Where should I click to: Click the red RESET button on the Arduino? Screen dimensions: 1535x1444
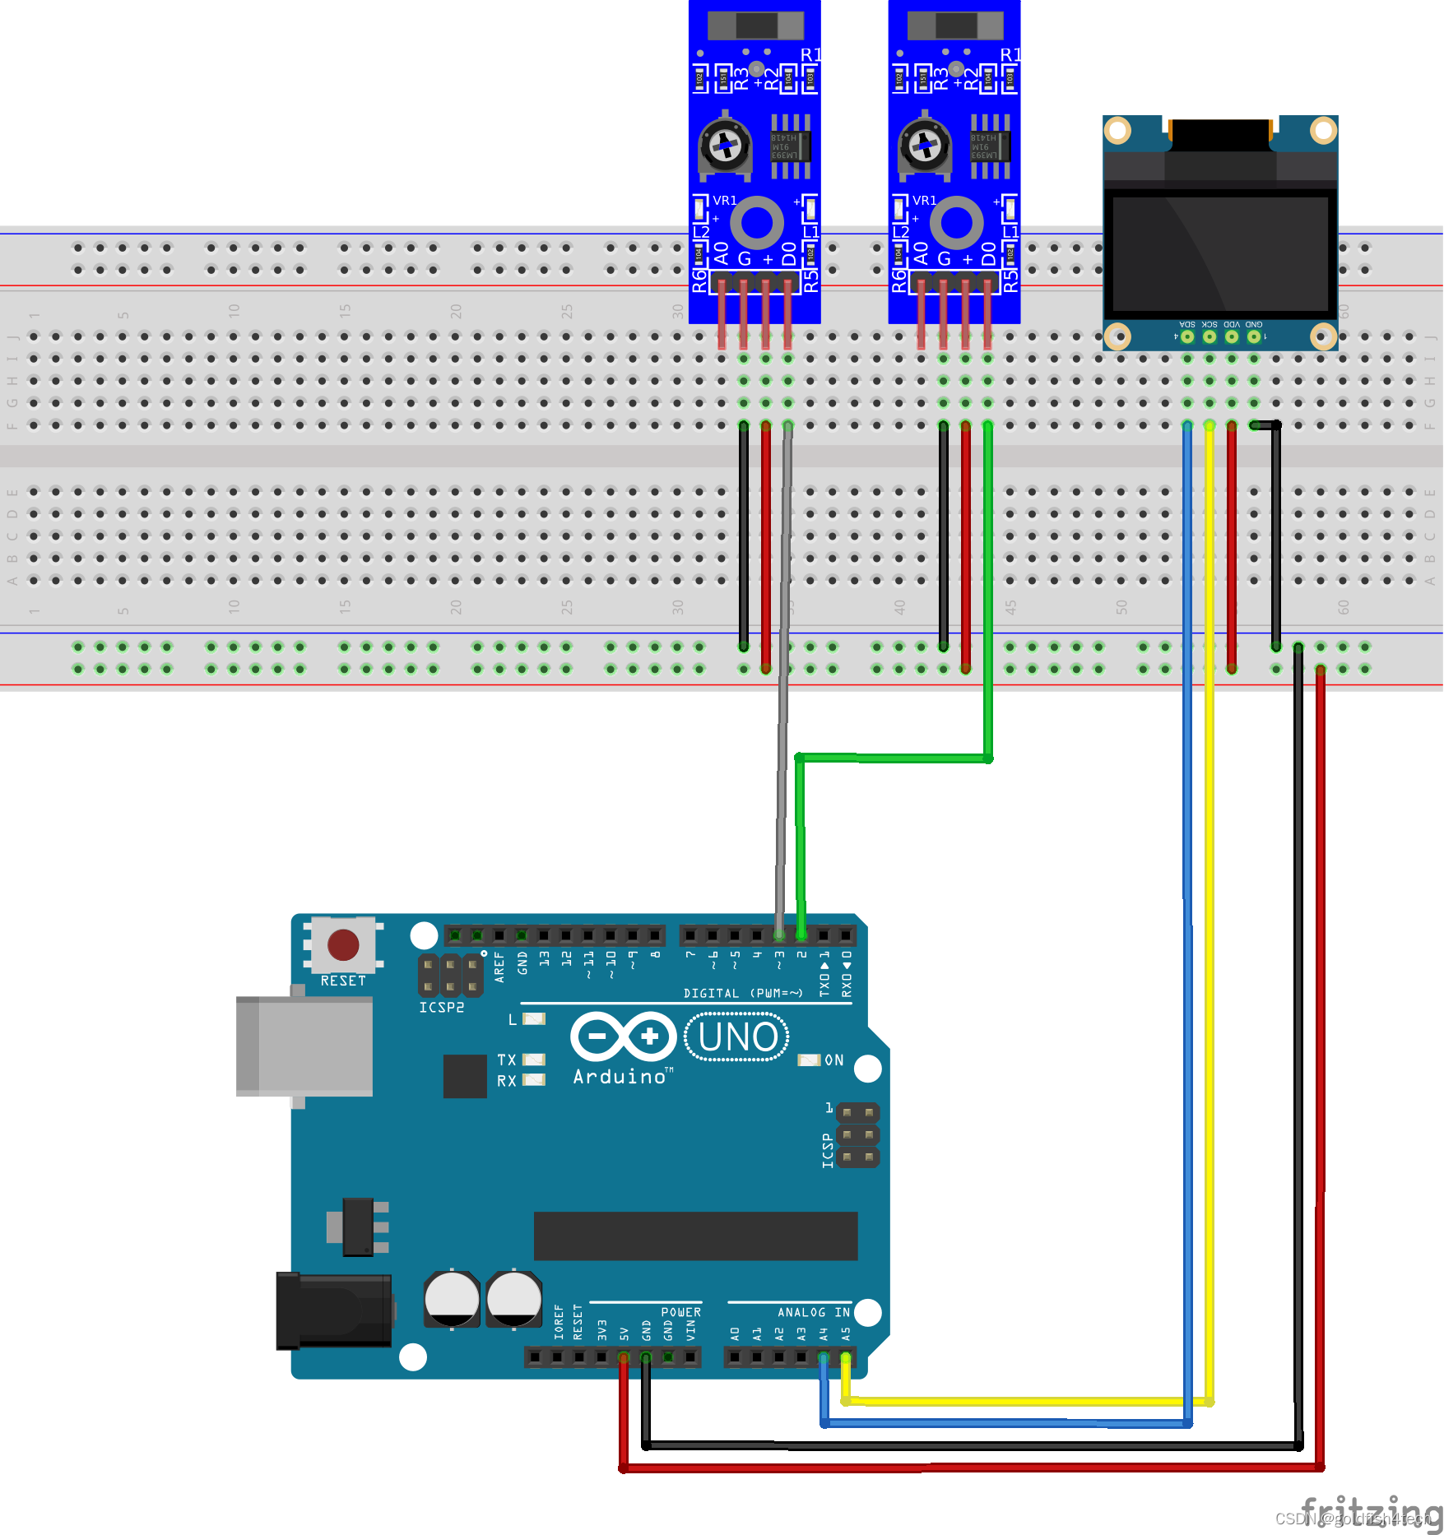point(343,945)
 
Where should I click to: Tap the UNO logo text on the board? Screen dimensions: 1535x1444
point(737,1037)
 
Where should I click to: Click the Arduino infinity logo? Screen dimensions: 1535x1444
point(623,1036)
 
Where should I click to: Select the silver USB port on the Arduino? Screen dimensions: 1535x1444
point(304,1046)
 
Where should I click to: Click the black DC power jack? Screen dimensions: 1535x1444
point(333,1311)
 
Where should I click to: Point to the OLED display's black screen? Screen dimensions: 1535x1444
point(1220,253)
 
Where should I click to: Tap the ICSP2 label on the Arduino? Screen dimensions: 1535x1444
point(442,1008)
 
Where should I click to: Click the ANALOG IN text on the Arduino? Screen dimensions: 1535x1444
point(813,1312)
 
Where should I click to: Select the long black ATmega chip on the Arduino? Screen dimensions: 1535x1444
point(695,1236)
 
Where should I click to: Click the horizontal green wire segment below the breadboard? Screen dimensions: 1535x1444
point(893,758)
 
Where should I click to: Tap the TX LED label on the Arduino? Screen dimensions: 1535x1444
point(507,1060)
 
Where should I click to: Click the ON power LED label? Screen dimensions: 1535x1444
point(833,1060)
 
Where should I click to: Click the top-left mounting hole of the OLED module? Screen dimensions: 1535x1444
point(1117,130)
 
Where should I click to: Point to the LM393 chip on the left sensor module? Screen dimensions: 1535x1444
point(790,146)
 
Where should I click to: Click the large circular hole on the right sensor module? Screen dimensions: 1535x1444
point(956,222)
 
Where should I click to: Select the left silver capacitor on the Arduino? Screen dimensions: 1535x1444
point(452,1299)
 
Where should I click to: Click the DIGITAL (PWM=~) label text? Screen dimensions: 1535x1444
point(742,994)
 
